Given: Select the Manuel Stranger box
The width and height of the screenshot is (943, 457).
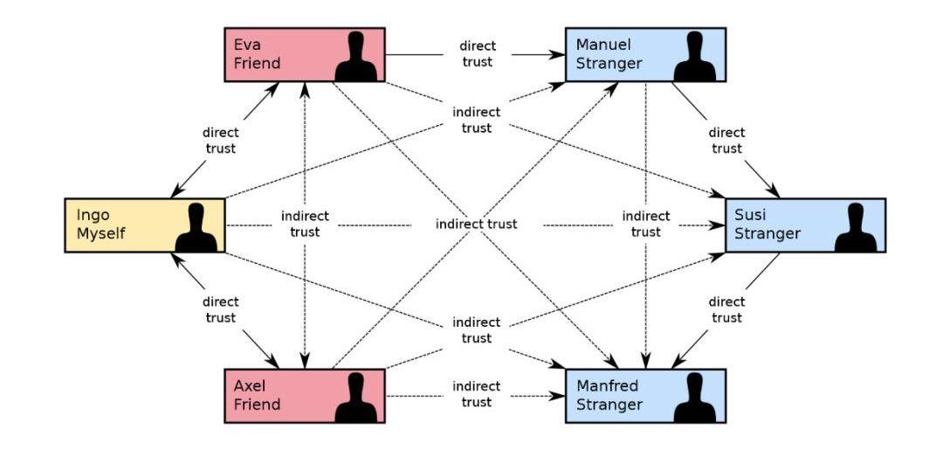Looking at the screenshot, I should (x=645, y=54).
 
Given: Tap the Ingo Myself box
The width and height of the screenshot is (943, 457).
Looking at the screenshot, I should (x=145, y=225).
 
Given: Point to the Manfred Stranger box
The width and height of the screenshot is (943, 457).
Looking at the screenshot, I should (x=645, y=396).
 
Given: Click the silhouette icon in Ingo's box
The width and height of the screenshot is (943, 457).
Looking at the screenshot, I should (x=196, y=228).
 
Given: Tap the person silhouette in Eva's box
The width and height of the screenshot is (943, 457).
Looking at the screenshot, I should (x=355, y=58).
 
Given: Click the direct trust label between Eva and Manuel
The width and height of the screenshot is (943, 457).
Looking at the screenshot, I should (x=476, y=54).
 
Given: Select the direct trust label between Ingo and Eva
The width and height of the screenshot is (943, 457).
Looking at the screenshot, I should (x=219, y=141).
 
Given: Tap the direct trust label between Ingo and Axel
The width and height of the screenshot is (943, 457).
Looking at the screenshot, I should (x=219, y=309).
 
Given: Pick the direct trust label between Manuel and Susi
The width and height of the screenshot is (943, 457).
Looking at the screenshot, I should (x=726, y=141).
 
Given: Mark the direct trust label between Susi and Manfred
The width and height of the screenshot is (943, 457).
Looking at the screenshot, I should (x=726, y=309).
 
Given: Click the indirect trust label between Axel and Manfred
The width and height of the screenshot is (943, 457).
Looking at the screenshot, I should (x=476, y=395).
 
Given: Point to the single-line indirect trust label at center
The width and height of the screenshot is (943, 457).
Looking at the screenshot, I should (x=476, y=225).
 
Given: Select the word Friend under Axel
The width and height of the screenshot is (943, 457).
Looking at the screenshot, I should (x=257, y=405).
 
